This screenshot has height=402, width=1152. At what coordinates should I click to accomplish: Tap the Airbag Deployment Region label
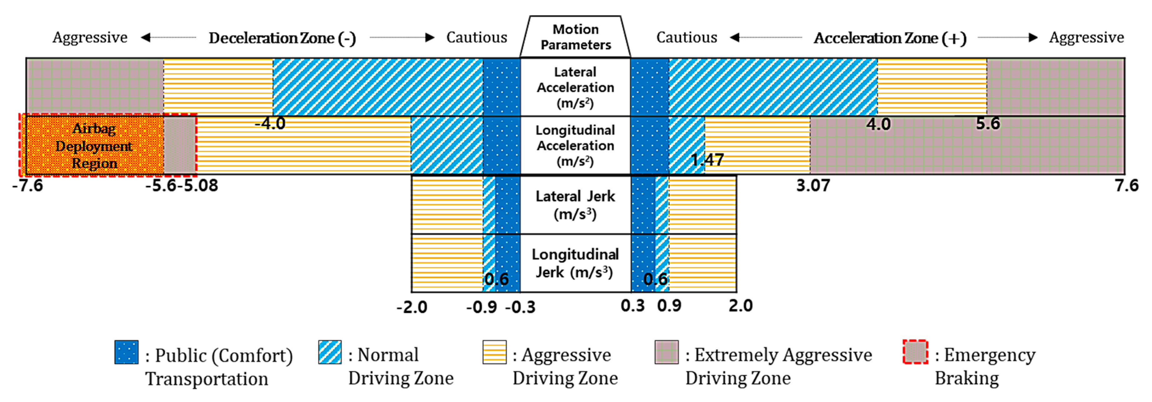tap(94, 146)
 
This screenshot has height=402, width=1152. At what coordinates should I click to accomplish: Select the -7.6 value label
tap(28, 185)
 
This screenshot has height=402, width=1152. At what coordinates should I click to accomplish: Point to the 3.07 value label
tap(813, 185)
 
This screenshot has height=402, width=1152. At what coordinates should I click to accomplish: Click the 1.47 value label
tap(707, 160)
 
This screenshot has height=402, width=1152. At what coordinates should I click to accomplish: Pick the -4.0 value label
tap(270, 123)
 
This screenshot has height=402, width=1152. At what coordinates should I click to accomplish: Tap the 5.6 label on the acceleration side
tap(987, 123)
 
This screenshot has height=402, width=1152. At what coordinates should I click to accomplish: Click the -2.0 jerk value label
tap(411, 307)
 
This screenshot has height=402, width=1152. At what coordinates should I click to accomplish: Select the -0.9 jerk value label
tap(481, 307)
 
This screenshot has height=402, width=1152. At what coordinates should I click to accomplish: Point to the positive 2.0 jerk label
tap(741, 305)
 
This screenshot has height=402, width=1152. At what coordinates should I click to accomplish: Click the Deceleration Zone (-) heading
tap(282, 38)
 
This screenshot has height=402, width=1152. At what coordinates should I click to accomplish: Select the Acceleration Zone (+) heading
tap(890, 38)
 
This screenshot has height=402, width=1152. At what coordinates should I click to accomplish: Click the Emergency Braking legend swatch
tap(915, 352)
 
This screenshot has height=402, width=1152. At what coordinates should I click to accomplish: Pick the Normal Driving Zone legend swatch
tap(330, 352)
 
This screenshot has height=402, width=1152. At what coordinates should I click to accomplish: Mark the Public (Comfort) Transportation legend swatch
tap(126, 352)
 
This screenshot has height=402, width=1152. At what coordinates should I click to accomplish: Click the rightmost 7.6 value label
tap(1126, 185)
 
